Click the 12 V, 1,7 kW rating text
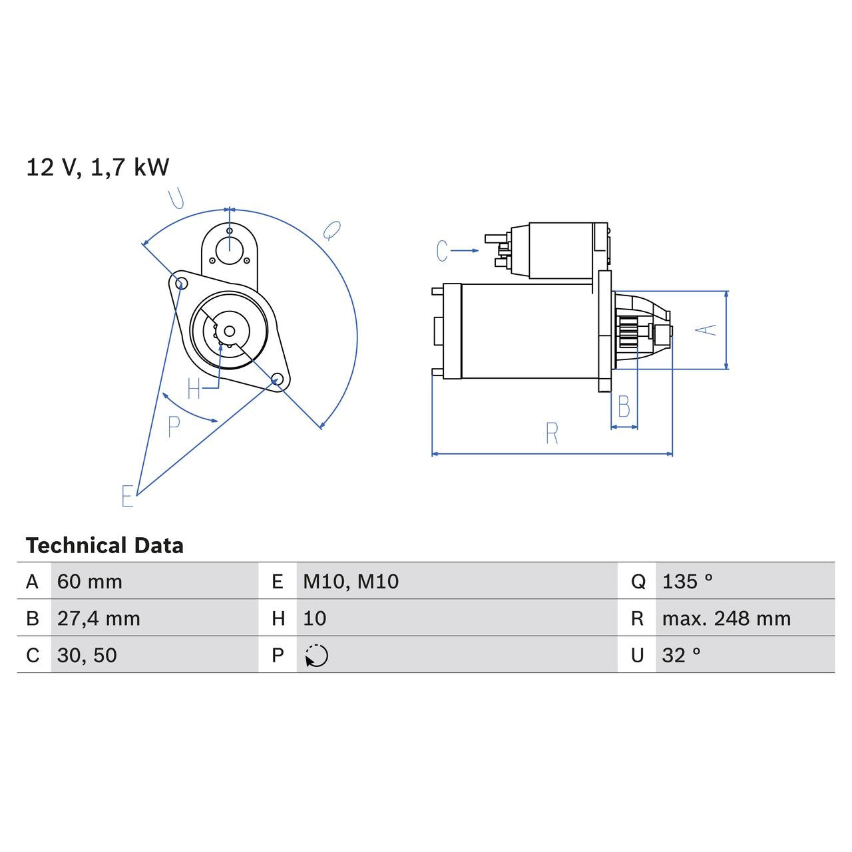click(x=97, y=167)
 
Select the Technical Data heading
click(x=105, y=546)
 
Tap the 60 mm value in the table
click(x=90, y=582)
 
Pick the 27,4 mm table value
click(x=99, y=618)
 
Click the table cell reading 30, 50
click(x=87, y=656)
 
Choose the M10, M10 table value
click(x=351, y=582)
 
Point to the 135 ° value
click(x=687, y=582)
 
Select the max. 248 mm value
click(x=726, y=618)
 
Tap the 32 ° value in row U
click(x=681, y=656)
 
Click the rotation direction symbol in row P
click(x=317, y=656)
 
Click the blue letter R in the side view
click(x=552, y=433)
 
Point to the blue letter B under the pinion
click(x=624, y=407)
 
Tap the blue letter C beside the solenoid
click(x=442, y=251)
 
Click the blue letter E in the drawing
click(x=128, y=496)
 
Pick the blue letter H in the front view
click(x=194, y=389)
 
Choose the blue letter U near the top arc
click(x=176, y=198)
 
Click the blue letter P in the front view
click(x=174, y=427)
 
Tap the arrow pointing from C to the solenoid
click(x=465, y=251)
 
